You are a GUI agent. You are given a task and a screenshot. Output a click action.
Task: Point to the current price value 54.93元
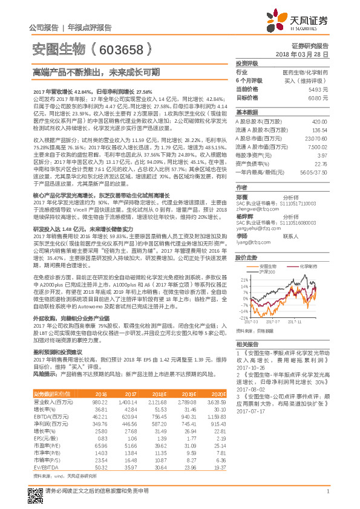318,88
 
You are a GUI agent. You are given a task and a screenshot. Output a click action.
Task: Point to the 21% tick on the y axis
244,280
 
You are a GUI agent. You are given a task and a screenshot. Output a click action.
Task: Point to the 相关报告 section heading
247,343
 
